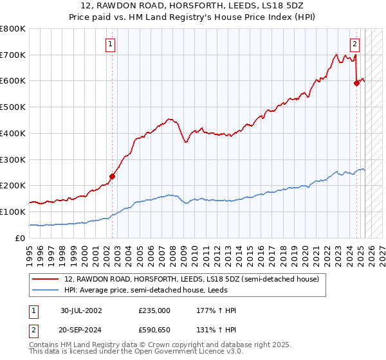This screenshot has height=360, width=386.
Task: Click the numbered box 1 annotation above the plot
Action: [x=111, y=44]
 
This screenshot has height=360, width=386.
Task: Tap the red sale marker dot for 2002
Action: [x=112, y=175]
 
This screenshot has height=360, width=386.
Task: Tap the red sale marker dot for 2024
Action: [x=356, y=82]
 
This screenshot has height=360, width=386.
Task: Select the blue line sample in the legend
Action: [x=46, y=290]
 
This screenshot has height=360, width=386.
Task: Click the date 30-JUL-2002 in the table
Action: [x=82, y=310]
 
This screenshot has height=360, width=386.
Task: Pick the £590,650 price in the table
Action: [x=154, y=330]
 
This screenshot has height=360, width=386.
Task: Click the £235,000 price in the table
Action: [x=154, y=310]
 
